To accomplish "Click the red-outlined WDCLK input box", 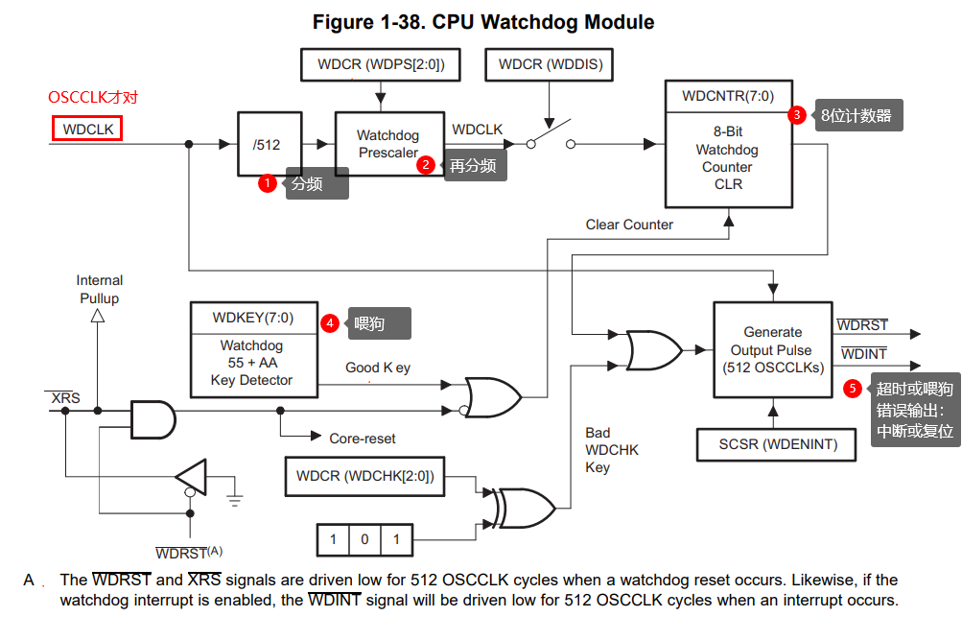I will click(x=87, y=129).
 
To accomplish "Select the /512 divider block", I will click(x=268, y=145).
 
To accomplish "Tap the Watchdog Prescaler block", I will click(x=388, y=144).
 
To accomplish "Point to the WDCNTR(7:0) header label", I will click(x=727, y=96).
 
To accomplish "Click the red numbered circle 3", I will click(x=797, y=115).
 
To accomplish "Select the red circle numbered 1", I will click(x=268, y=182).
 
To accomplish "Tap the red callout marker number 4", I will click(x=330, y=323).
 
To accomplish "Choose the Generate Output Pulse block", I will click(x=772, y=349).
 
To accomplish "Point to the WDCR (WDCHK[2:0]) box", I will click(x=364, y=475).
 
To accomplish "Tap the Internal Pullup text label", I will click(x=100, y=289).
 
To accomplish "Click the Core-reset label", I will click(x=362, y=439).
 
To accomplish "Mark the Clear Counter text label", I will click(x=629, y=225).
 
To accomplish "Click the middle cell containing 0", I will click(x=364, y=539).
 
